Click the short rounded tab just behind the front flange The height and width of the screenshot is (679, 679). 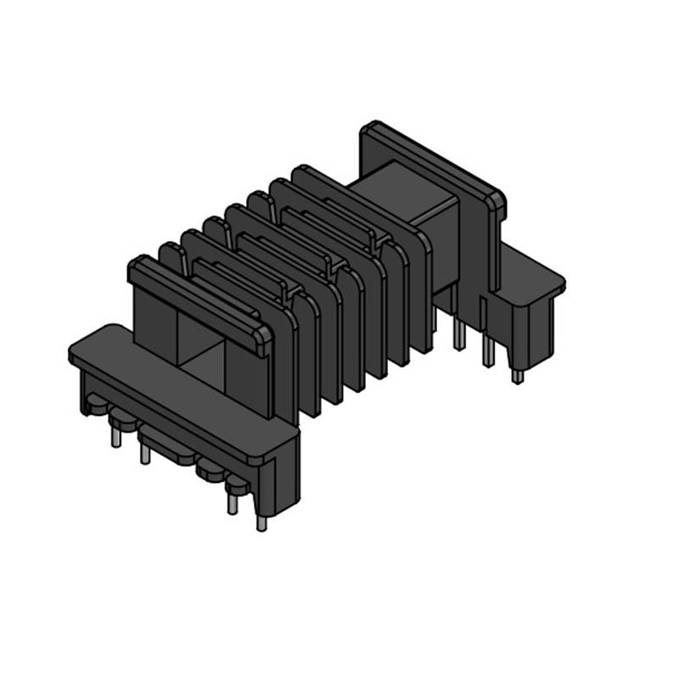click(170, 254)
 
